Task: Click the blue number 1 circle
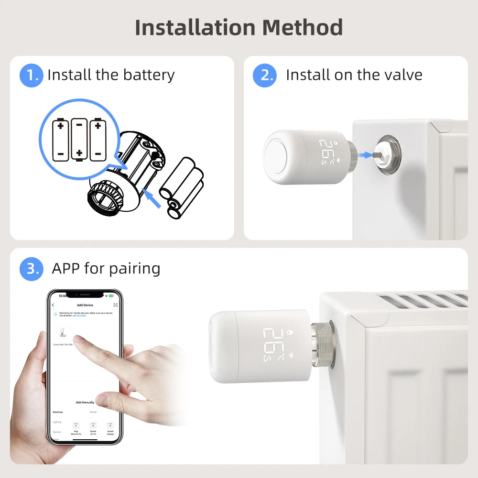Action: (32, 76)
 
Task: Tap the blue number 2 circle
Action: (264, 76)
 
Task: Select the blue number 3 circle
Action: (32, 269)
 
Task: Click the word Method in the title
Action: (302, 27)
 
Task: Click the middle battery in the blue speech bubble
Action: (79, 139)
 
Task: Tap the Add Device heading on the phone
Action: (85, 305)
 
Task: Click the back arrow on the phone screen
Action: (53, 305)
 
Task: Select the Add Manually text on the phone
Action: (85, 402)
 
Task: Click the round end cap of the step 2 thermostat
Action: (280, 157)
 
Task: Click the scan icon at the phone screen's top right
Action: (115, 305)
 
